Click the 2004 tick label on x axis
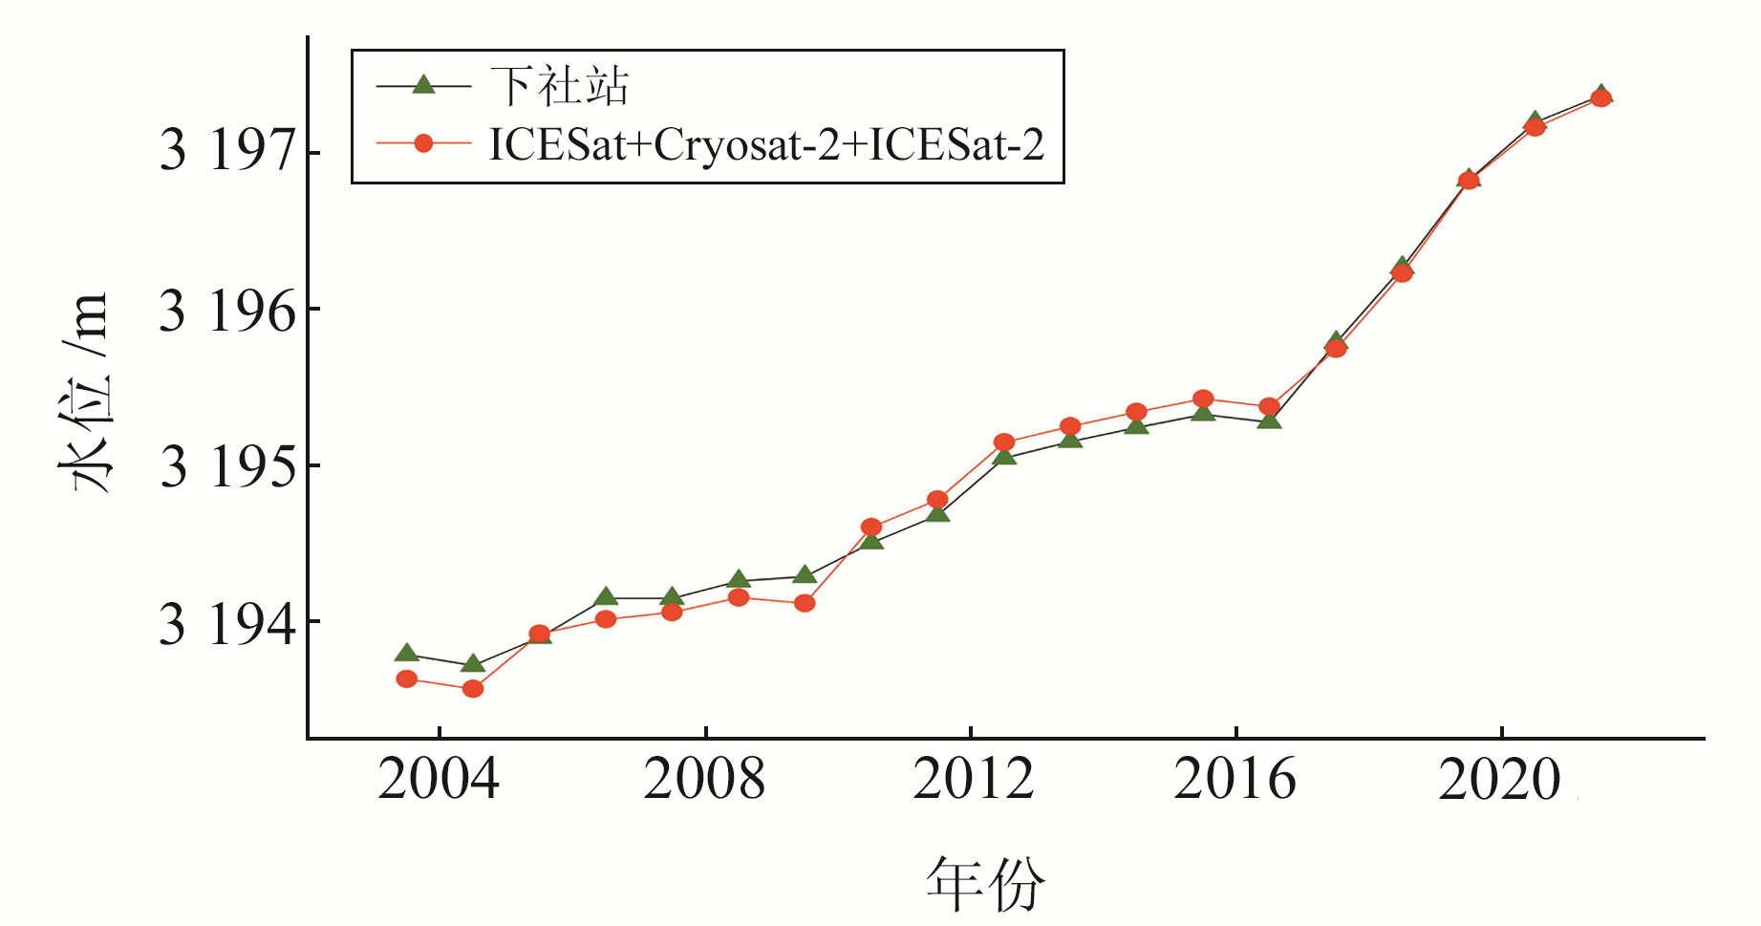point(439,779)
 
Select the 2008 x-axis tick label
point(704,779)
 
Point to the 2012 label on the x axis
point(973,779)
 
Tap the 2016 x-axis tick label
point(1235,779)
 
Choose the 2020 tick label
point(1500,779)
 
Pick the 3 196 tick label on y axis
point(227,312)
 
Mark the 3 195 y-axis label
point(227,467)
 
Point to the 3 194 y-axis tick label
point(227,624)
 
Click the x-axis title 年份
point(985,884)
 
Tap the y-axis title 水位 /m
point(84,392)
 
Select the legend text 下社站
point(559,86)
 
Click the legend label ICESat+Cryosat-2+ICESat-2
point(766,144)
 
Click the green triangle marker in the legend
point(423,85)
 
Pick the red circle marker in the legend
point(423,143)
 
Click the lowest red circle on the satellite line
point(473,688)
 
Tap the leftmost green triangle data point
point(406,654)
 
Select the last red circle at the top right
point(1601,97)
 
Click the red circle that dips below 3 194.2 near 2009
point(805,603)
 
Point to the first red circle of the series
point(406,678)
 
